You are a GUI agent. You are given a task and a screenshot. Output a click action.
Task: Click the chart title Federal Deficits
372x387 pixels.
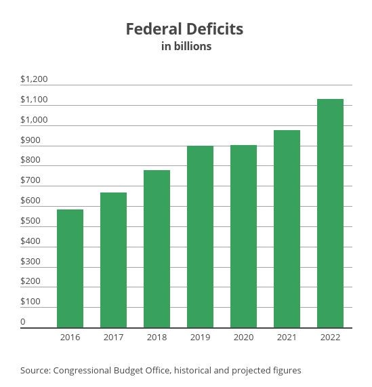[x=185, y=29]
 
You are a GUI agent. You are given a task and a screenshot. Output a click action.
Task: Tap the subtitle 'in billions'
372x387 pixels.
[x=186, y=46]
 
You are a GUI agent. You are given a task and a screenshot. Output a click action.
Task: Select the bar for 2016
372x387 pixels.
[x=70, y=268]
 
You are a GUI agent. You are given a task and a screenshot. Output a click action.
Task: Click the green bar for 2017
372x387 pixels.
[x=113, y=260]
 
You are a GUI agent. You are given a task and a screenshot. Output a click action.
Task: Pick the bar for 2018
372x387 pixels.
[x=157, y=249]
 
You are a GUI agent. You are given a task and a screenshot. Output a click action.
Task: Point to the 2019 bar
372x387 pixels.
[x=200, y=237]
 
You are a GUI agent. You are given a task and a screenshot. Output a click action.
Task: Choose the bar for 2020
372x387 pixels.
[x=243, y=236]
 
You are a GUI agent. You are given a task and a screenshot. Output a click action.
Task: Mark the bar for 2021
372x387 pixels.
[x=287, y=228]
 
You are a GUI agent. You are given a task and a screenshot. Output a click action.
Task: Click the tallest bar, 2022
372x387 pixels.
[x=330, y=213]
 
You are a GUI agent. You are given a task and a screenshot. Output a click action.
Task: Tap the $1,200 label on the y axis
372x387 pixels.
[x=34, y=79]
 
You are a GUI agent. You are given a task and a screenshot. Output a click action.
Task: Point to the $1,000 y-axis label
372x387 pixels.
[x=34, y=120]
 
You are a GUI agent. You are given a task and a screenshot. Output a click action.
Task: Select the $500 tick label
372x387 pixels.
[x=30, y=221]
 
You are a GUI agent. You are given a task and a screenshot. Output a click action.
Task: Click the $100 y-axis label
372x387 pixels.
[x=30, y=302]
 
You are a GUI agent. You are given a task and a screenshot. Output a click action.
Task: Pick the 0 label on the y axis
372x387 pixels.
[x=23, y=322]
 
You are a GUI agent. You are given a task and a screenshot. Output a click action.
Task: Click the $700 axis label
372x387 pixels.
[x=30, y=180]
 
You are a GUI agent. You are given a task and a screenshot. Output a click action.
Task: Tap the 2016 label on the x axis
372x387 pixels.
[x=70, y=338]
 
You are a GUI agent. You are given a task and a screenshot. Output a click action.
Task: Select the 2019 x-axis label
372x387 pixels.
[x=200, y=338]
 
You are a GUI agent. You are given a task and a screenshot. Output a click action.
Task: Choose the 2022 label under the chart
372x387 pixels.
[x=330, y=338]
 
